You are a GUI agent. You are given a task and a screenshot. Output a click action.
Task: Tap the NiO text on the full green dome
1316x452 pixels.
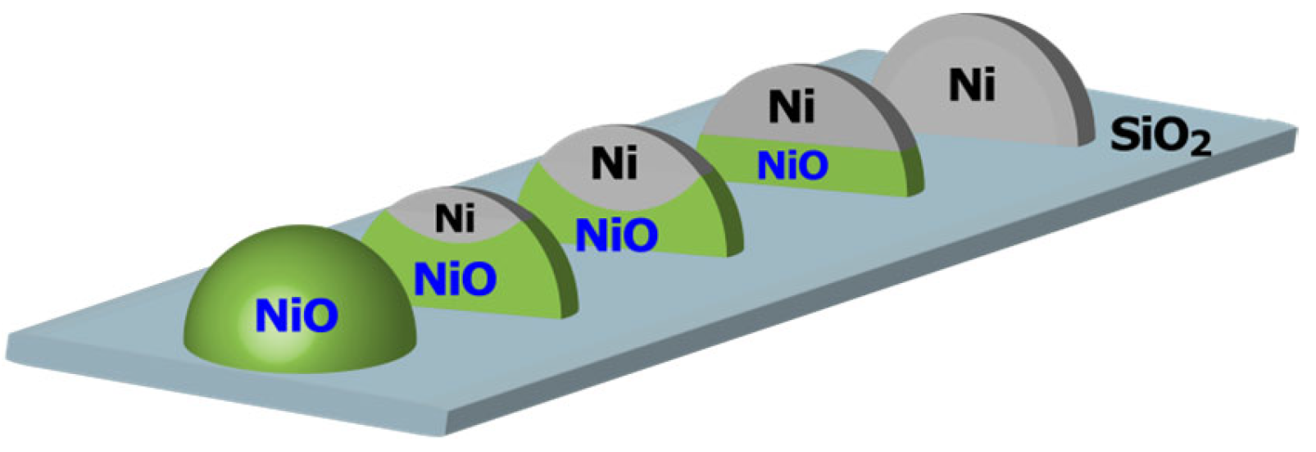(296, 316)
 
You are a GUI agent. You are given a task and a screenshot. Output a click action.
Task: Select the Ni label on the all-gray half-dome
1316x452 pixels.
(972, 84)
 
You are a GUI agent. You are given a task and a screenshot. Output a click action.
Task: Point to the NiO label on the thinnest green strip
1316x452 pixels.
(792, 166)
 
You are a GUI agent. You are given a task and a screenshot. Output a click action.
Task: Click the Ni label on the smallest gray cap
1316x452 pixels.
(454, 218)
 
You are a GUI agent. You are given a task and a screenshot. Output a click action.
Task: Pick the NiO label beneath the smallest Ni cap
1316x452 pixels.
(455, 280)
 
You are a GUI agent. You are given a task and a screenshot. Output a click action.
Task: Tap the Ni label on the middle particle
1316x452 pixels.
(614, 163)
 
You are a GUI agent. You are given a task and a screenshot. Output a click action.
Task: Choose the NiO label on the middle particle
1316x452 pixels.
(616, 236)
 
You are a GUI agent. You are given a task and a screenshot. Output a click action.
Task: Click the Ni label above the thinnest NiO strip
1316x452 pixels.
(792, 107)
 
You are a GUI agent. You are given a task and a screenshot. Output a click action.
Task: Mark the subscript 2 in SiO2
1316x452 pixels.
(1200, 145)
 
